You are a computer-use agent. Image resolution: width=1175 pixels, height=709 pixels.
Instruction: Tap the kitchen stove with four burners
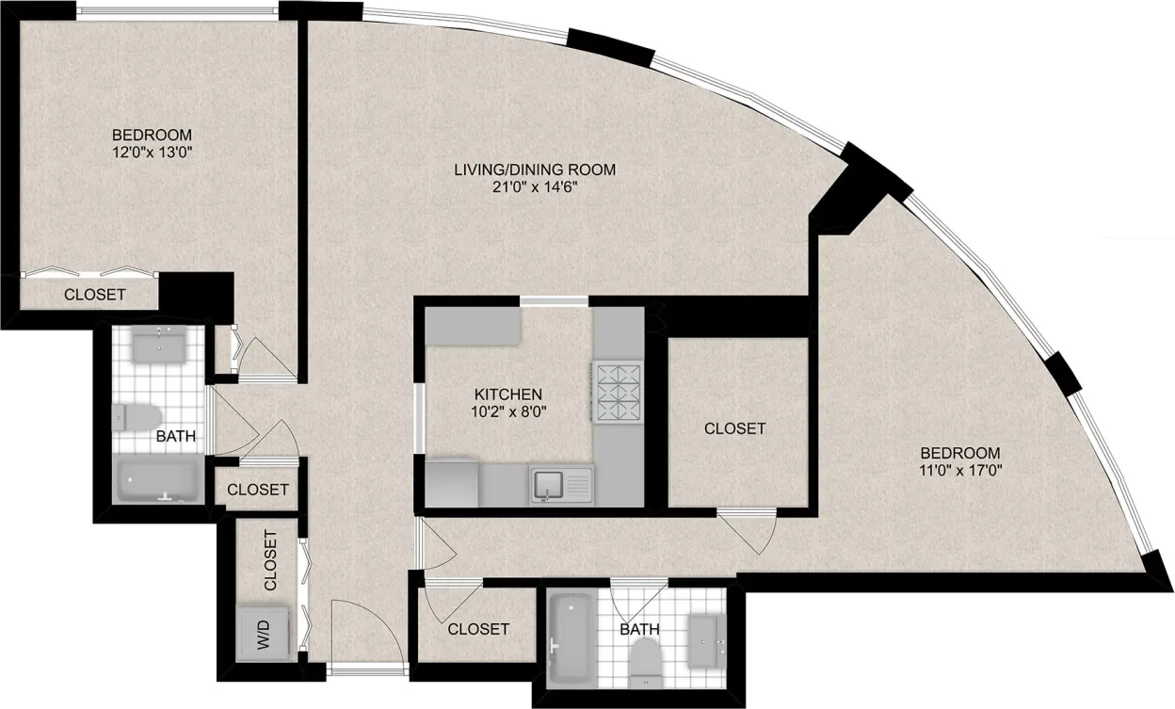[617, 392]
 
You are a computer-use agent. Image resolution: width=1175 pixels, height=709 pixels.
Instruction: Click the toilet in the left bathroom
[137, 417]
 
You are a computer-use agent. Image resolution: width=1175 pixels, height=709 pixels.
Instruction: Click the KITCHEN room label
[507, 394]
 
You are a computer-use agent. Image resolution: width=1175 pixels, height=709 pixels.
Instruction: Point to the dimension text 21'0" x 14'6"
[534, 186]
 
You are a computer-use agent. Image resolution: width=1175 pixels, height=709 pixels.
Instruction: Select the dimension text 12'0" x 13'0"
[152, 150]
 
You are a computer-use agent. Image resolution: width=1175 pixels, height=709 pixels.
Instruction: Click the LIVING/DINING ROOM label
[534, 169]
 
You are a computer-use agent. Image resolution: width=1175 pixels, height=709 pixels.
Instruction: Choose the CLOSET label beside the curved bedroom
[734, 428]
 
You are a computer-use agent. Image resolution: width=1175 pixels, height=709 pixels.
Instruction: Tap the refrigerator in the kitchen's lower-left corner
[452, 483]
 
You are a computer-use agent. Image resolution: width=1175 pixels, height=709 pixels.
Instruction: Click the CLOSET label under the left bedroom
[94, 295]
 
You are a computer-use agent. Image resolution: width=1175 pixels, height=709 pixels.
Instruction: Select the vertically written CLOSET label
[270, 561]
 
